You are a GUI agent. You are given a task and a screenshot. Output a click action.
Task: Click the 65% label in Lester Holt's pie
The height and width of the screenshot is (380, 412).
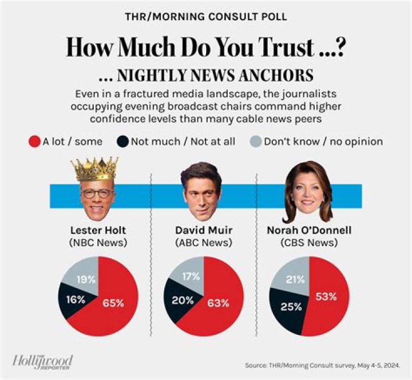[113, 303]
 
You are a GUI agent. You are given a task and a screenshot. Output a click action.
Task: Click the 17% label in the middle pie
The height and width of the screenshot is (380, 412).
[191, 277]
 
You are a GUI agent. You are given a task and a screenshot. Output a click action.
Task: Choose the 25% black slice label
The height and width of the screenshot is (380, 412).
[291, 307]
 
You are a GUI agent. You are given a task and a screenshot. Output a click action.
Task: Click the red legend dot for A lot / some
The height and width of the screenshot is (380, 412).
[34, 141]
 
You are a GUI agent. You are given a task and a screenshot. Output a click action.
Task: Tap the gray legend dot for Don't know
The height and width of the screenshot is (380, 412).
[256, 141]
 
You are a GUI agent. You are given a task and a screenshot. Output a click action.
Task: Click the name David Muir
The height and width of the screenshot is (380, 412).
[203, 231]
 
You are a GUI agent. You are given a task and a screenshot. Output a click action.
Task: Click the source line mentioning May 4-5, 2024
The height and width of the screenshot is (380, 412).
[326, 365]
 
